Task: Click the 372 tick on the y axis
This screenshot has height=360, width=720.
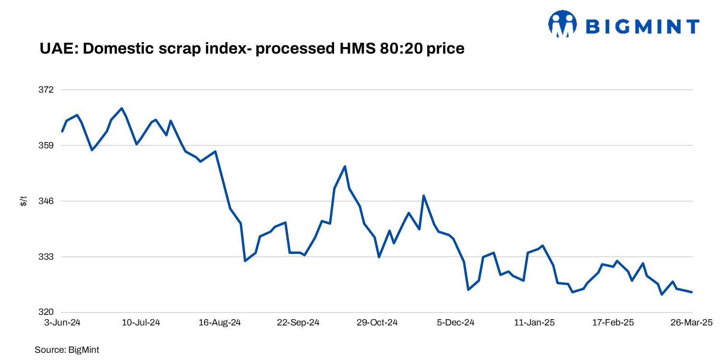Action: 47,90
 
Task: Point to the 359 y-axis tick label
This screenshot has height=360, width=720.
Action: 47,145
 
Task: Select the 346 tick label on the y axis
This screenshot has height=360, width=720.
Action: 47,201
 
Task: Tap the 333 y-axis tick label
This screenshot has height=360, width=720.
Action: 47,257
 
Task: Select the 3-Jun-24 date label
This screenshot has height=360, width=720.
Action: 62,323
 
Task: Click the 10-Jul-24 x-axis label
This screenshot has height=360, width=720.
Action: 141,323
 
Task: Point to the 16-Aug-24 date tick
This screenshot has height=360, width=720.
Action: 219,323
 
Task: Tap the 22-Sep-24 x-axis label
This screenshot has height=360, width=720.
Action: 298,323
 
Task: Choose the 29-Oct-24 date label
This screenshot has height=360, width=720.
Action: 377,323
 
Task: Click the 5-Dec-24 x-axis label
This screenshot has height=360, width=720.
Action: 456,323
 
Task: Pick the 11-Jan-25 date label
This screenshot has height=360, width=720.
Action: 534,323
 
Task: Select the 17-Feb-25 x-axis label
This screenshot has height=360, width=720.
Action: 613,323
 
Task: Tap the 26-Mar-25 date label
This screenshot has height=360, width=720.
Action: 692,323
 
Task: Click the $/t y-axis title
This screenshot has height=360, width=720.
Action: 23,201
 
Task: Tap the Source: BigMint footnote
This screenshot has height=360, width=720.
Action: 67,350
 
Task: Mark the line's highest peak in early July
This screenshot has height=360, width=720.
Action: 122,108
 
